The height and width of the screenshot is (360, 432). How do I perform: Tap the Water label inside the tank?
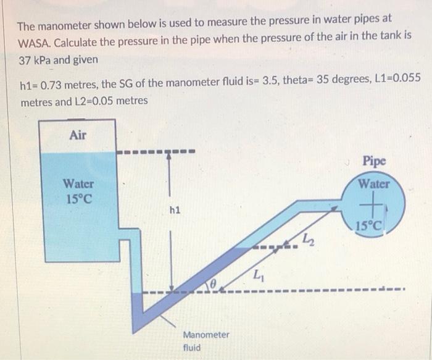pos(79,183)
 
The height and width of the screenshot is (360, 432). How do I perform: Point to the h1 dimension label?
pos(175,210)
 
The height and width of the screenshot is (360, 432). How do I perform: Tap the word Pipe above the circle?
pos(373,161)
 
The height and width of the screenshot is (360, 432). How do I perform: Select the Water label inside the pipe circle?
pos(374,183)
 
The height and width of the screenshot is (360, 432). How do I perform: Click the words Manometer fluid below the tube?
pos(206,340)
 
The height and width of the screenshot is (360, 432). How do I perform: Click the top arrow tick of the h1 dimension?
pos(168,154)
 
